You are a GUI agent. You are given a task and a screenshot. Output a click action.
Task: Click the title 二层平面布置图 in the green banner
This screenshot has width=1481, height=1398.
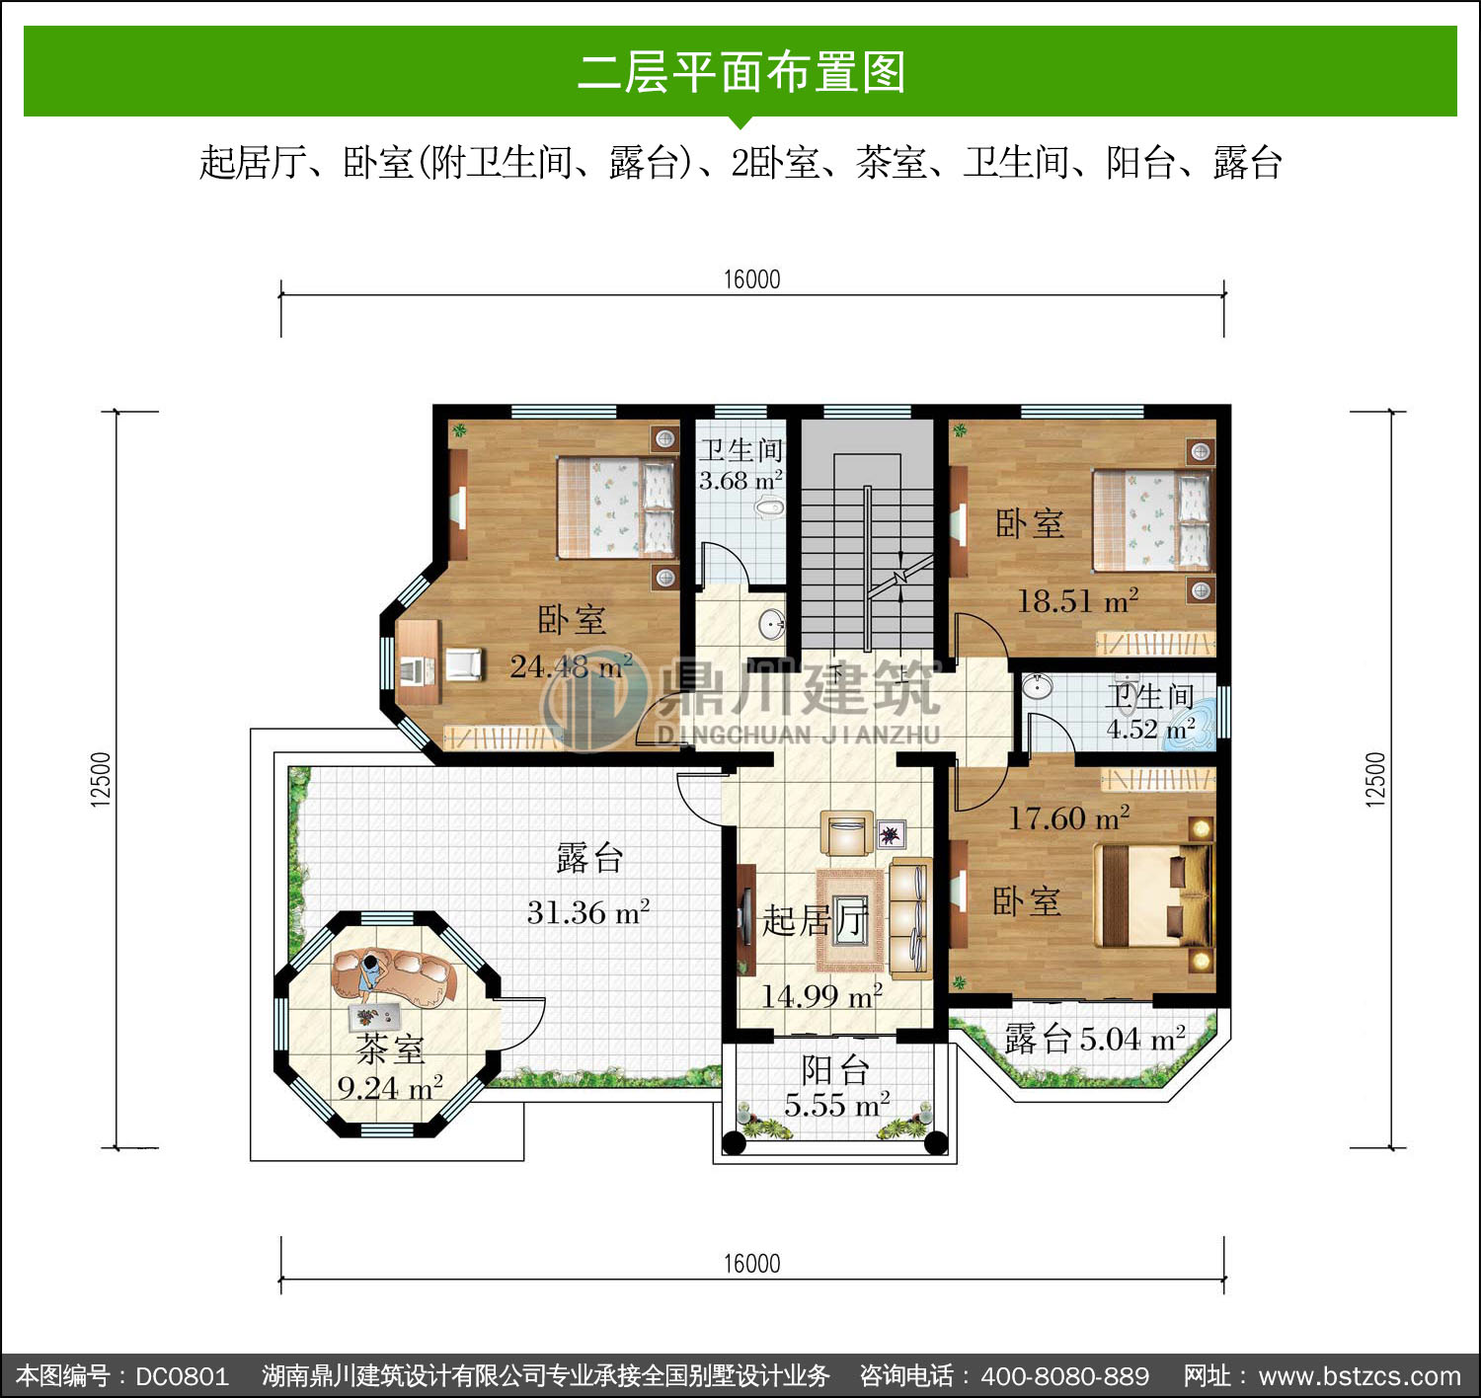(x=741, y=72)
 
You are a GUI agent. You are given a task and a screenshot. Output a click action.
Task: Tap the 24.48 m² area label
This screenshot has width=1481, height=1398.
(x=572, y=665)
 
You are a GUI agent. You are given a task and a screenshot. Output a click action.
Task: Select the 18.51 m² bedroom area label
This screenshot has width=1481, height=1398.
(x=1078, y=600)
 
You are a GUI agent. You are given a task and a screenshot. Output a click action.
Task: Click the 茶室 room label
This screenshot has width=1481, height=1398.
(x=390, y=1049)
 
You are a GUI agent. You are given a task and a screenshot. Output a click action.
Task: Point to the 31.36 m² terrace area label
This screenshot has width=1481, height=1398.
(x=588, y=911)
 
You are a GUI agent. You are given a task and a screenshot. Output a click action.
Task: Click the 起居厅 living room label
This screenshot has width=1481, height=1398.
(x=816, y=920)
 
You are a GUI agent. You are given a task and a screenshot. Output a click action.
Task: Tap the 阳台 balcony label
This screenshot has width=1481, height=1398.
(x=835, y=1070)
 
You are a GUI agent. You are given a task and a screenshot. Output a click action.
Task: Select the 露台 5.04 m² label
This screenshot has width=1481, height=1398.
(x=1095, y=1039)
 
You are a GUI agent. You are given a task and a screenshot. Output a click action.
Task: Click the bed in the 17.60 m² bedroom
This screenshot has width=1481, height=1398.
(x=1153, y=895)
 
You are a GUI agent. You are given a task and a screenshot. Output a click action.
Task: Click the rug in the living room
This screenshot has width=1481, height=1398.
(x=850, y=920)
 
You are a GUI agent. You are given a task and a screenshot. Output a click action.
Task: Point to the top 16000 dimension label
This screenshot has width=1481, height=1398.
(x=751, y=279)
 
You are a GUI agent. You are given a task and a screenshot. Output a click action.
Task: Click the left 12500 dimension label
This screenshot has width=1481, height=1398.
(x=100, y=779)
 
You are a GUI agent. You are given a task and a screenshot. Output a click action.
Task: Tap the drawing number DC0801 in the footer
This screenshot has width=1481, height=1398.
(x=182, y=1375)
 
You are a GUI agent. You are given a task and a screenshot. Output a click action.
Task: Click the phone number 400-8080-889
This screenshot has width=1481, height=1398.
(x=1065, y=1375)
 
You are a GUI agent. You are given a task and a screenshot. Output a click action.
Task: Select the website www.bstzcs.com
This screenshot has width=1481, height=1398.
(x=1360, y=1375)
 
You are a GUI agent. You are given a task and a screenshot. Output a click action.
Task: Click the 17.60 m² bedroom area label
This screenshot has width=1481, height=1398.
(x=1068, y=817)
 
